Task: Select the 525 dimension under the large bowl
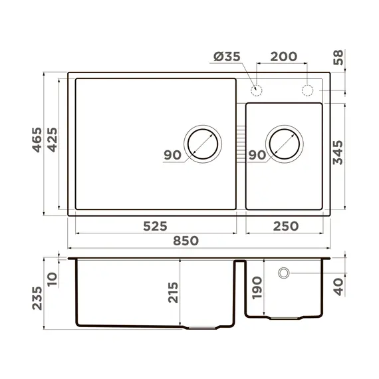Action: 155,225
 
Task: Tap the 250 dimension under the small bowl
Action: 285,225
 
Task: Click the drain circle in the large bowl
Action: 201,143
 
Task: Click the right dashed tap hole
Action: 307,90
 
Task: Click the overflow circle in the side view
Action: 284,273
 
